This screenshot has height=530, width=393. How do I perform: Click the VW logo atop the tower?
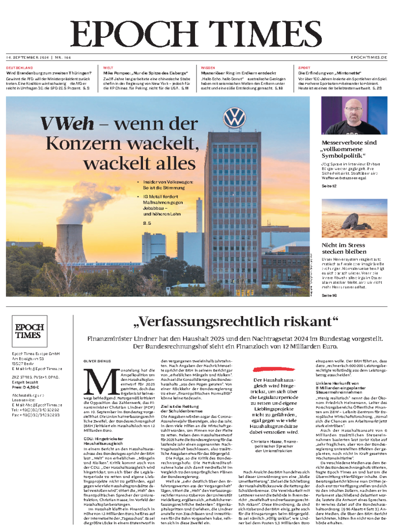click(234, 118)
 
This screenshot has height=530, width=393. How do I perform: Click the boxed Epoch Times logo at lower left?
click(29, 331)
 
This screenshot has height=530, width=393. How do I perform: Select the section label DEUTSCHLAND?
click(20, 67)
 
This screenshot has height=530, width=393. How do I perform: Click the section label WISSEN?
click(208, 67)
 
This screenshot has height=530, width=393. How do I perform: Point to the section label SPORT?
click(305, 67)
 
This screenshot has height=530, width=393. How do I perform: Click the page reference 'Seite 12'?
click(329, 186)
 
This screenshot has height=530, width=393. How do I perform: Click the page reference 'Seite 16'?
click(329, 296)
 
